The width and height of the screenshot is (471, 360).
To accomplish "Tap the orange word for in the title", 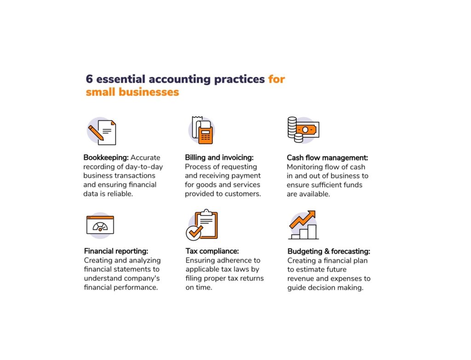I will click(276, 79).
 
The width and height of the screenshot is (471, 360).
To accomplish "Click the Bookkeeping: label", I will click(106, 157).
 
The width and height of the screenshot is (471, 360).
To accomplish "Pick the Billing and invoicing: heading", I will click(219, 157).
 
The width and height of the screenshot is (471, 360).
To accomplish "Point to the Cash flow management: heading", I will click(327, 158).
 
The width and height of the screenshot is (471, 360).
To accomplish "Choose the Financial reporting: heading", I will click(116, 251).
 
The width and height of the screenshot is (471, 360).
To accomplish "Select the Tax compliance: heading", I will click(212, 251).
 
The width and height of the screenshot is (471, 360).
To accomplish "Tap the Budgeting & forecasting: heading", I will click(328, 251).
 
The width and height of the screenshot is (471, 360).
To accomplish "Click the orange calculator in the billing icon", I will click(206, 136).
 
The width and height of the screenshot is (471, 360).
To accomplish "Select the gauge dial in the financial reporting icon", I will click(100, 226).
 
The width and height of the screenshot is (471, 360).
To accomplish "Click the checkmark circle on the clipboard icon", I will click(193, 232).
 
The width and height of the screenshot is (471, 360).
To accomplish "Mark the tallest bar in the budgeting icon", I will click(312, 232).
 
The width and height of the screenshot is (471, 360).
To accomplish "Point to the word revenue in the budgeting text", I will click(300, 279).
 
